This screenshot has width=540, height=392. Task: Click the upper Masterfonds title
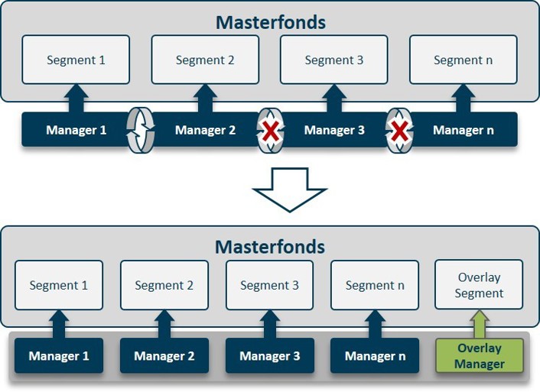(x=271, y=22)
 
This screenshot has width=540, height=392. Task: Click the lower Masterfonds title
(x=270, y=247)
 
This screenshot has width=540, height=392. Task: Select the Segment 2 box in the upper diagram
(x=205, y=60)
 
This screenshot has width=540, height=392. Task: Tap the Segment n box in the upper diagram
(x=464, y=60)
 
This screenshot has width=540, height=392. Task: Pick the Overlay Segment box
(x=479, y=284)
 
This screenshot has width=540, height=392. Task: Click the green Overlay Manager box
(x=480, y=355)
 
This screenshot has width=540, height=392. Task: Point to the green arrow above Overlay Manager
(x=480, y=324)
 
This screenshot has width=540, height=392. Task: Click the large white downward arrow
(x=290, y=190)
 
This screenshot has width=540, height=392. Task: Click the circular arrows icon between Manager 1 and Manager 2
(x=141, y=130)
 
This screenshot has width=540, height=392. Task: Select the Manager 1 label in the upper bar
(x=76, y=130)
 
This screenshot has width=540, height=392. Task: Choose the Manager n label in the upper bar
(x=464, y=130)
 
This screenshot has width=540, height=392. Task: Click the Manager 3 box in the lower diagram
(x=270, y=355)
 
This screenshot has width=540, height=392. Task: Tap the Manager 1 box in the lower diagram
(x=59, y=355)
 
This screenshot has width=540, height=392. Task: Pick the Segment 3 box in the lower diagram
(x=270, y=285)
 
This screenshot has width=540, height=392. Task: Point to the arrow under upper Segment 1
(x=76, y=99)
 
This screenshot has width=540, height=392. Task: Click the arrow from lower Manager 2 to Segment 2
(x=164, y=324)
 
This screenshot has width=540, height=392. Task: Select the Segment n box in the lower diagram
(x=375, y=285)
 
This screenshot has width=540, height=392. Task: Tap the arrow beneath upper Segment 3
(x=334, y=99)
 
